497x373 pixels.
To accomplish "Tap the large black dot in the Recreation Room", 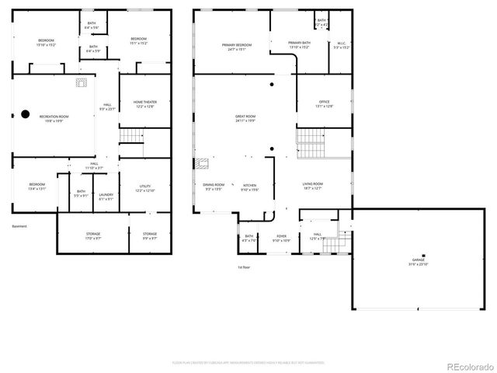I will [25, 114].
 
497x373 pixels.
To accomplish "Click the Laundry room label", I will [106, 197].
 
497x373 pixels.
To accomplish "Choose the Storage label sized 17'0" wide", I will [92, 235].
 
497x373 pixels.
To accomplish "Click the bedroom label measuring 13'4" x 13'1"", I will [37, 186].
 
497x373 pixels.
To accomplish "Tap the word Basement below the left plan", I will [19, 226].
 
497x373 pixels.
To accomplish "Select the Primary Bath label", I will [300, 44].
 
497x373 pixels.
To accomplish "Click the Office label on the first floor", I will [325, 103].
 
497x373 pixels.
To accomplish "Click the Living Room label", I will [313, 185].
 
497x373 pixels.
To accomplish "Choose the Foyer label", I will [281, 238].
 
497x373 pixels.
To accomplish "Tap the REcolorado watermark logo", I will [466, 366].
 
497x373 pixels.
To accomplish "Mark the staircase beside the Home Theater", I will [132, 137].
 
